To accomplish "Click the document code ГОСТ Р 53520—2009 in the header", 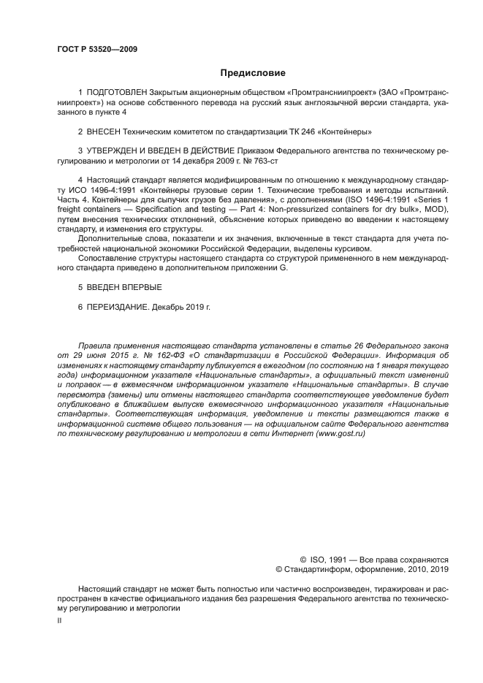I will click(96, 50).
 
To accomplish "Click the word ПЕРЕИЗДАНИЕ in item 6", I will click(118, 307).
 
